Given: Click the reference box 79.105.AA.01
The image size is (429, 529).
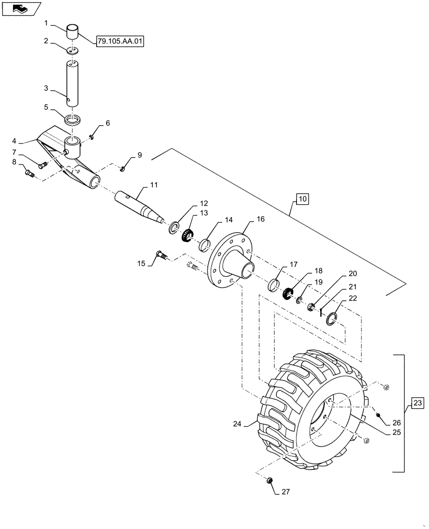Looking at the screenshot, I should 120,40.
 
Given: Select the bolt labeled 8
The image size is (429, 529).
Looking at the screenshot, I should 30,172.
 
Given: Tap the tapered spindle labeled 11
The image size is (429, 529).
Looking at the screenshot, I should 139,206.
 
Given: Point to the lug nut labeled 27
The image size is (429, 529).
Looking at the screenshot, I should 268,480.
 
